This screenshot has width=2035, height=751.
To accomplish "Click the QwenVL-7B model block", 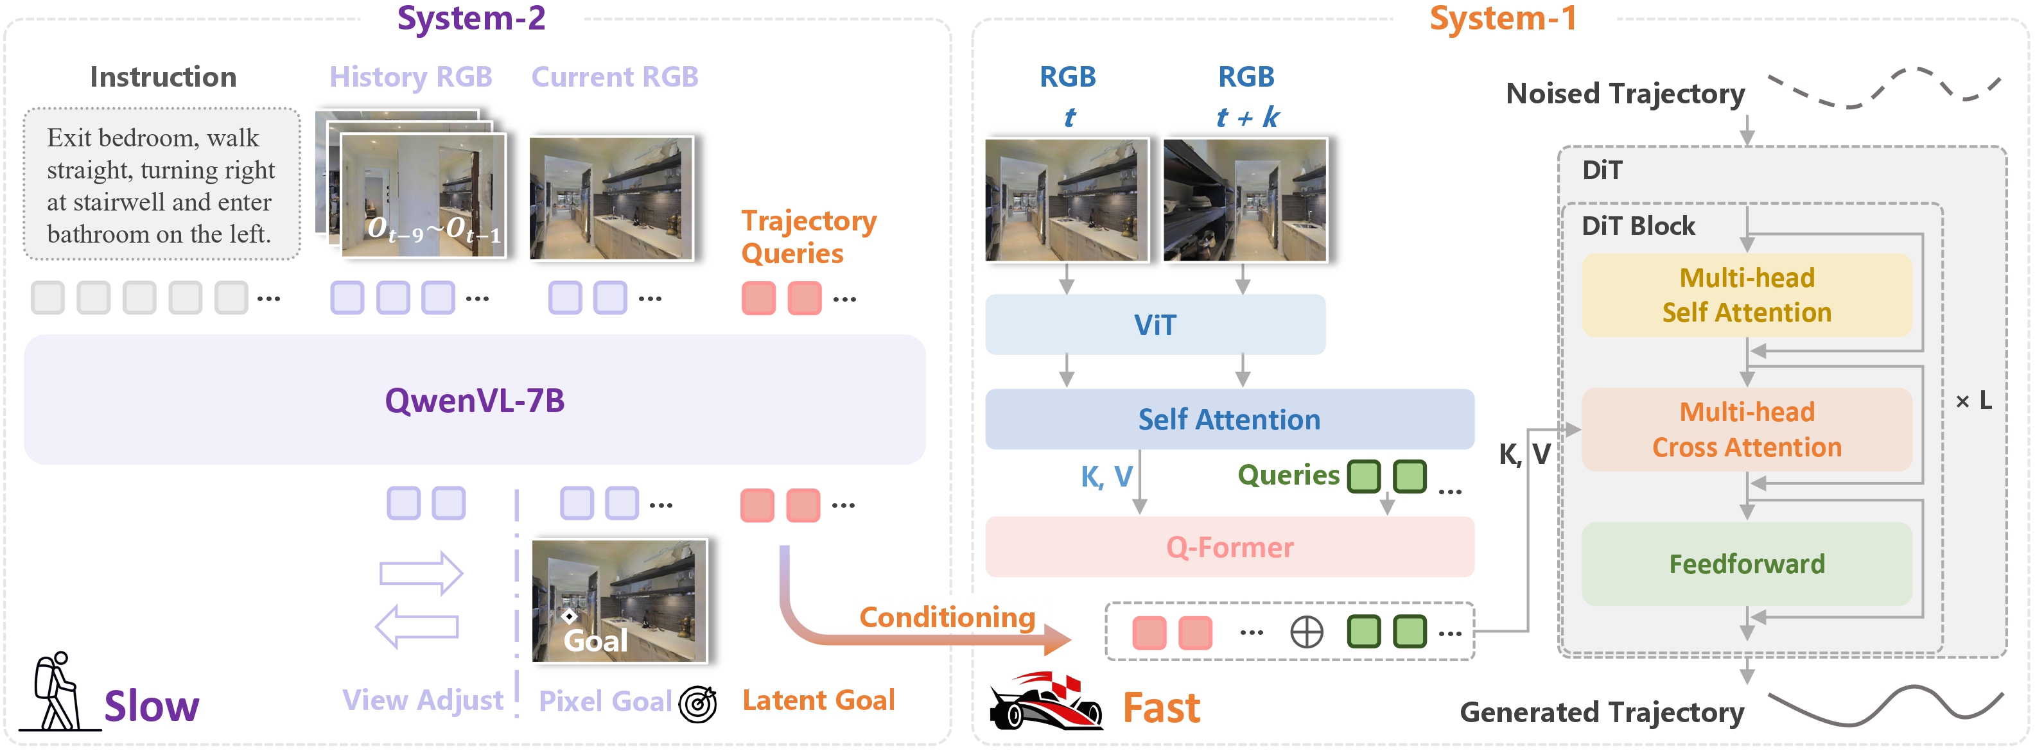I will tap(474, 400).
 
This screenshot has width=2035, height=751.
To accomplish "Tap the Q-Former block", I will tap(1228, 546).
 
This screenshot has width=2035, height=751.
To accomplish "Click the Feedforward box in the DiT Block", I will tap(1746, 563).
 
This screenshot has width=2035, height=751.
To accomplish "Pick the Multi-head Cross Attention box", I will tap(1746, 429).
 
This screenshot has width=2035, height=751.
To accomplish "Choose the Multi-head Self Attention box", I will tap(1746, 295).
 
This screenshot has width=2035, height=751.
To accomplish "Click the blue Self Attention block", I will tap(1228, 419).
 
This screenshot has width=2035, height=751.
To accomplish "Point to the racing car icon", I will tap(1044, 700).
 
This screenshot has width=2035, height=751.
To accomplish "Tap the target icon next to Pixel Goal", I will tap(697, 703).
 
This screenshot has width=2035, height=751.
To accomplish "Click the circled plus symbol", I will tap(1306, 632).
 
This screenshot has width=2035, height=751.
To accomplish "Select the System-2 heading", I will tap(471, 18).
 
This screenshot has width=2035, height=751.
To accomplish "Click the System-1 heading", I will tap(1503, 18).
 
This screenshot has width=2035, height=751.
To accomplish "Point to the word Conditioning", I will tap(947, 617).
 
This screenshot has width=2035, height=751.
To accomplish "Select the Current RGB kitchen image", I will tap(611, 198).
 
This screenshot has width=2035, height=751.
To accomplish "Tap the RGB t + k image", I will tap(1245, 200).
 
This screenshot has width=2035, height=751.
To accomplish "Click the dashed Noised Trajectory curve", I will tap(1883, 89).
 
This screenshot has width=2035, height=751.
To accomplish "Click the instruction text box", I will tap(161, 185).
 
